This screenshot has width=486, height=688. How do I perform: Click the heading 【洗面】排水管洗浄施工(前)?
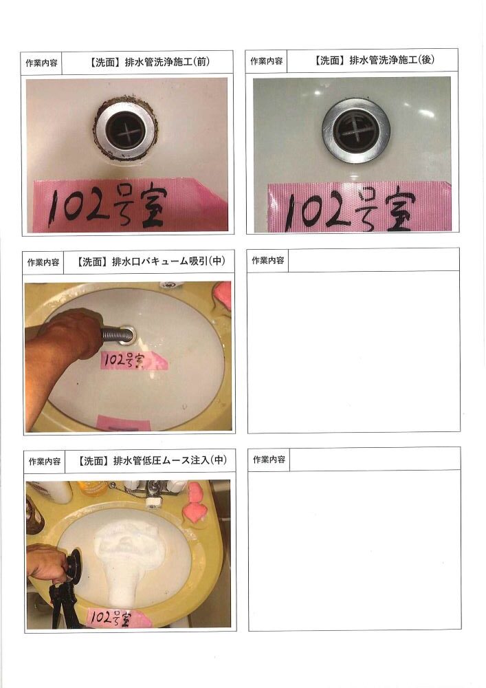tap(149, 62)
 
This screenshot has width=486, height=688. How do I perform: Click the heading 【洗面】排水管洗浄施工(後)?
tap(374, 60)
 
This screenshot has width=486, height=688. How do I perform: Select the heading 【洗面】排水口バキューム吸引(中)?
tap(149, 261)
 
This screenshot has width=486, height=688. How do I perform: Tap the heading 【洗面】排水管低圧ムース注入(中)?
tap(151, 461)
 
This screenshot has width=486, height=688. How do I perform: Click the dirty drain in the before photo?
tap(126, 129)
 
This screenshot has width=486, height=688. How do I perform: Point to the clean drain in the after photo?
tap(356, 131)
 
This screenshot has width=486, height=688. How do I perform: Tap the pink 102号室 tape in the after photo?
tap(359, 207)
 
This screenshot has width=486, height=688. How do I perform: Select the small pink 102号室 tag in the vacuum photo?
tap(133, 361)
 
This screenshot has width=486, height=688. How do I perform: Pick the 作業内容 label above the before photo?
tap(42, 63)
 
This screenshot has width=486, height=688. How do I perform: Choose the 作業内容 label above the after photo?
tap(267, 61)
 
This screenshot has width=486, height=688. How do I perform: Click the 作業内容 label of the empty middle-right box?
tap(268, 261)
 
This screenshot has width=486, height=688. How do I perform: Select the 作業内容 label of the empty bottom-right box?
tap(269, 460)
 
